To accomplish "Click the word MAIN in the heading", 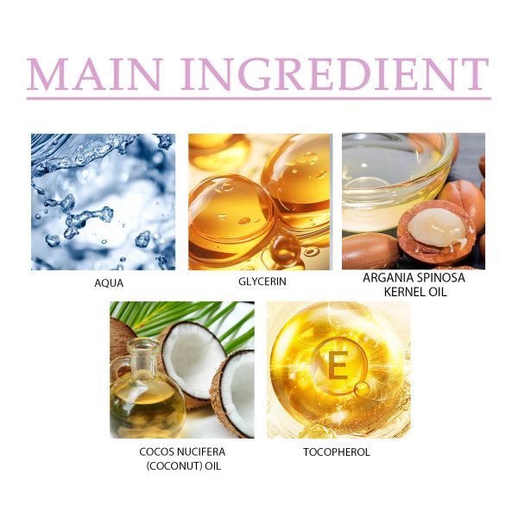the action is pyautogui.click(x=94, y=74).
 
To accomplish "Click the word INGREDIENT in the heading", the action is pyautogui.click(x=335, y=74).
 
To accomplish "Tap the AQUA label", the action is pyautogui.click(x=109, y=283).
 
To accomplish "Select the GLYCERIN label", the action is pyautogui.click(x=262, y=281).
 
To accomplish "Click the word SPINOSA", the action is pyautogui.click(x=440, y=278).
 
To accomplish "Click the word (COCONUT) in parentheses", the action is pyautogui.click(x=174, y=466).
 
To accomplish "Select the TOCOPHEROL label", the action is pyautogui.click(x=337, y=452).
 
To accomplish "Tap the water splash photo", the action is pyautogui.click(x=103, y=202).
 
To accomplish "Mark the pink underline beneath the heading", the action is pyautogui.click(x=259, y=98).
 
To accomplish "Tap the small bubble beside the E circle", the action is pyautogui.click(x=363, y=389).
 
